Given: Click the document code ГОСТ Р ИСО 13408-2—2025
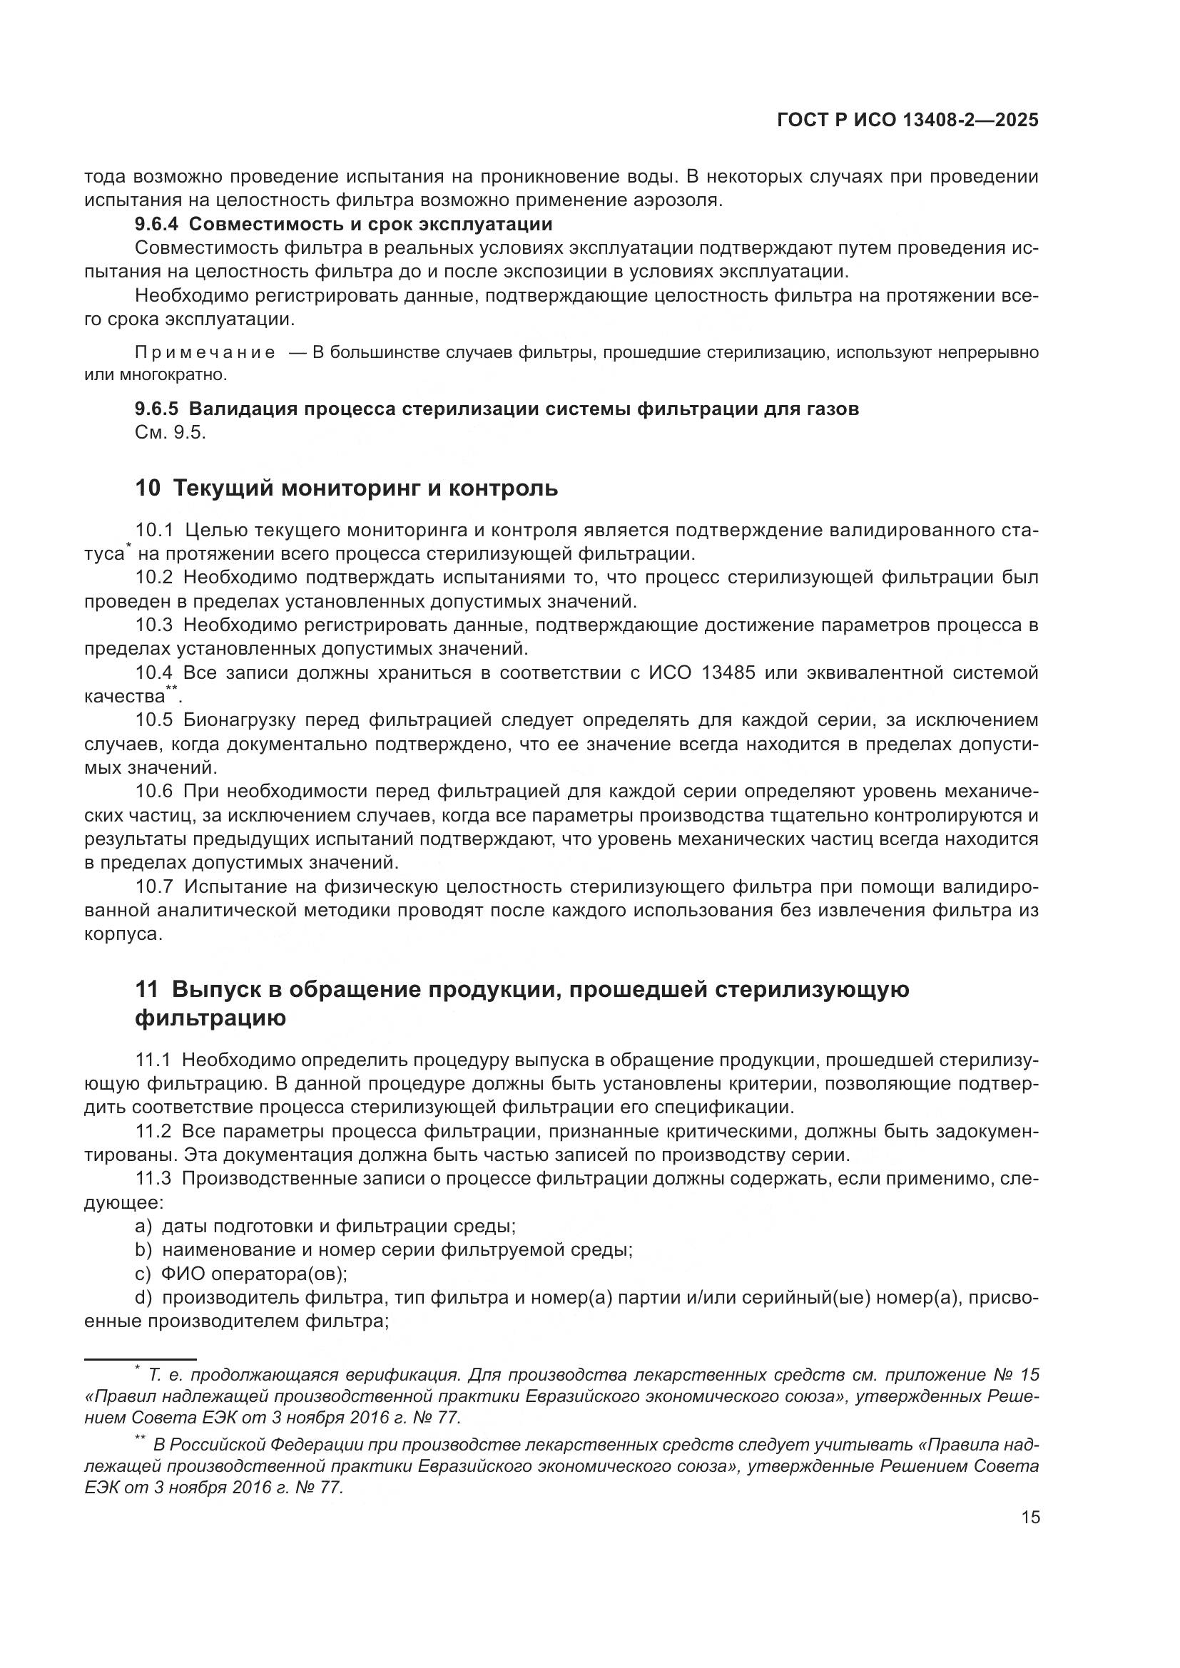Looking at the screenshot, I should [x=907, y=121].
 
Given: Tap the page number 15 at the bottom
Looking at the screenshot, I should [x=1030, y=1517].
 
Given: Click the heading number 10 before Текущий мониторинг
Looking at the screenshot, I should [x=148, y=488].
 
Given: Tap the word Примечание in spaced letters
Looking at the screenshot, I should [x=205, y=353].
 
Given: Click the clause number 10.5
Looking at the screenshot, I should [x=154, y=721].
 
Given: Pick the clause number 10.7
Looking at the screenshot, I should [x=154, y=887].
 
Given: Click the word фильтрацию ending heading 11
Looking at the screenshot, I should [x=210, y=1018].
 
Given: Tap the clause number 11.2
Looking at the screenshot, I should [x=153, y=1131].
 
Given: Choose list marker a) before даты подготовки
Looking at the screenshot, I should [x=143, y=1227].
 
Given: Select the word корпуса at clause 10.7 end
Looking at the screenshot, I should [x=120, y=934].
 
